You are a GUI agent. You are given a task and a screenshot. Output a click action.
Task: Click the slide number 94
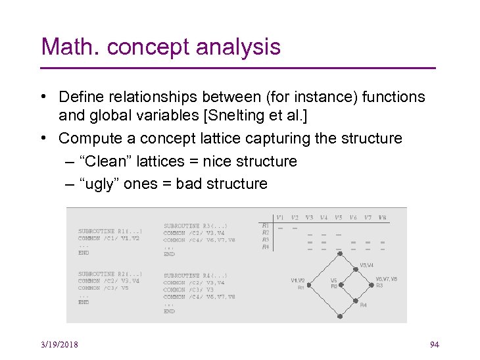tap(434, 345)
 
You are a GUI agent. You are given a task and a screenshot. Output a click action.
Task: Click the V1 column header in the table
tap(280, 217)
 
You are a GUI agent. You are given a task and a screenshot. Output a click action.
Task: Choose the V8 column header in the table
tap(382, 217)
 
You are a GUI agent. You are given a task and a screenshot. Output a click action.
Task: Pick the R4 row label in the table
tap(266, 247)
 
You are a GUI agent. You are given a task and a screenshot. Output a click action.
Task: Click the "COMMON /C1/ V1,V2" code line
tap(108, 238)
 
